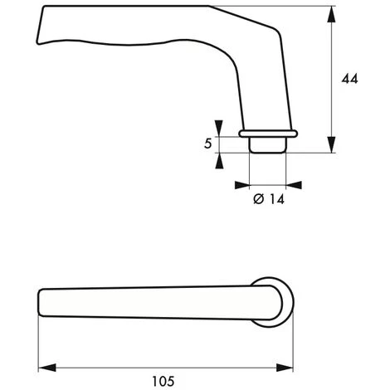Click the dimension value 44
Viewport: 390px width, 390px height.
pyautogui.click(x=349, y=79)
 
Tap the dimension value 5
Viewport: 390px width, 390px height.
pyautogui.click(x=208, y=144)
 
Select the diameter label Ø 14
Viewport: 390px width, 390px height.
pyautogui.click(x=269, y=199)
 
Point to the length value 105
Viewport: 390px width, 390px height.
pyautogui.click(x=163, y=382)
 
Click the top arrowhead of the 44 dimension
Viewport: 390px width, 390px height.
pyautogui.click(x=331, y=14)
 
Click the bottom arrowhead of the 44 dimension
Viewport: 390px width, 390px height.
pyautogui.click(x=331, y=144)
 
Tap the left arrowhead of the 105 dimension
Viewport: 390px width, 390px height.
pyautogui.click(x=47, y=368)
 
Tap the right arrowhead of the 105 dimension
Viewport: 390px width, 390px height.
pyautogui.click(x=285, y=368)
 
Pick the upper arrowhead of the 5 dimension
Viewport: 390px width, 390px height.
pyautogui.click(x=219, y=128)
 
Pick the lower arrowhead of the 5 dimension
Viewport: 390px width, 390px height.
pyautogui.click(x=219, y=161)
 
